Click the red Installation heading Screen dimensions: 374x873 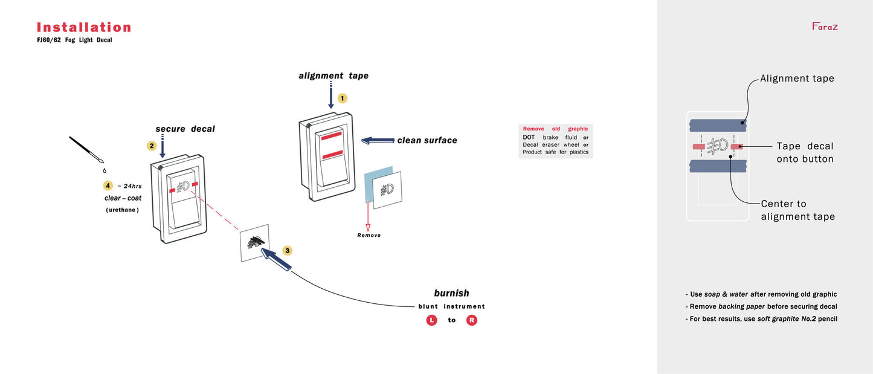point(84,27)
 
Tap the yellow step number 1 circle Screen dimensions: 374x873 point(343,98)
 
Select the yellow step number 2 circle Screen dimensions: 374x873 point(152,146)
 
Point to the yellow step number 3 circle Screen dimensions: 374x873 point(288,250)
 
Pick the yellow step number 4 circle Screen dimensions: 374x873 point(108,185)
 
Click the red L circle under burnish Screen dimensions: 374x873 point(431,320)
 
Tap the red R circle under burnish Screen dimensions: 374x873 point(472,320)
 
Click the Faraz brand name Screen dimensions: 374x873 point(825,27)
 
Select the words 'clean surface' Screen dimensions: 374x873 point(427,140)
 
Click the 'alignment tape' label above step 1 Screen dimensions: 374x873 point(333,76)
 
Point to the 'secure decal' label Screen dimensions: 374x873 point(185,129)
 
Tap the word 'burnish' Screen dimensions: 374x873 point(451,293)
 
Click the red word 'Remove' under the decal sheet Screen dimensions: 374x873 point(369,235)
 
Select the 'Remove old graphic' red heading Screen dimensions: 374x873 point(555,129)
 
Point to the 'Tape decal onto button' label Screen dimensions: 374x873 point(805,152)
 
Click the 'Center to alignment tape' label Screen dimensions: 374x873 point(797,210)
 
